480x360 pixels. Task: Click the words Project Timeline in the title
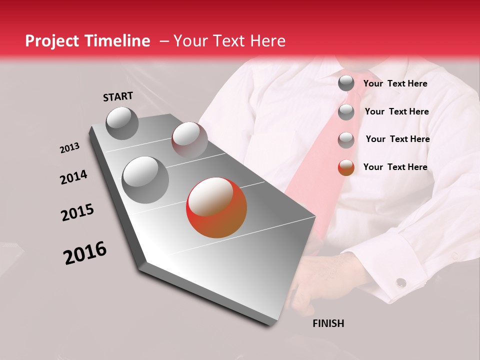tap(87, 41)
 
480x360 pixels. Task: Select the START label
tap(118, 96)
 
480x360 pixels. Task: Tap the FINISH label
tap(328, 323)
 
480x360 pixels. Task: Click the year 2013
tap(69, 148)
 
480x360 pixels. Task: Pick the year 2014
tap(73, 177)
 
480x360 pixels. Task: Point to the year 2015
tap(77, 212)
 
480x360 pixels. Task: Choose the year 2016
tap(85, 253)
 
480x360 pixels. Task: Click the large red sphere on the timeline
tap(216, 207)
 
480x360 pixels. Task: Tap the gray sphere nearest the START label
tap(122, 123)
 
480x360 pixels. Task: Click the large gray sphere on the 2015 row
tap(145, 179)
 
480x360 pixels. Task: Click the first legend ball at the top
tap(346, 83)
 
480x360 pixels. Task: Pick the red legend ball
tap(346, 167)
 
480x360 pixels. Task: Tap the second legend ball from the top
tap(346, 112)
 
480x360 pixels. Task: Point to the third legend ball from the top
tap(346, 140)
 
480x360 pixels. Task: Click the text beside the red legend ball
tap(395, 167)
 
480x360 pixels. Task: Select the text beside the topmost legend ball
tap(395, 83)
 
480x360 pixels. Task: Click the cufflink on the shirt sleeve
tap(401, 282)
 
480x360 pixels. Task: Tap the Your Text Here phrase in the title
tap(229, 41)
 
